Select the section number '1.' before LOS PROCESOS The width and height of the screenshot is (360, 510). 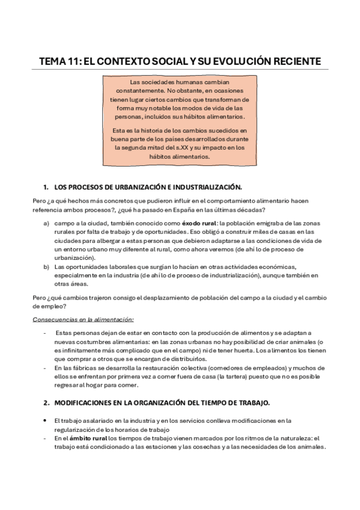(x=46, y=187)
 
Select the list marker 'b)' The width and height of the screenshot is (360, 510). (x=46, y=266)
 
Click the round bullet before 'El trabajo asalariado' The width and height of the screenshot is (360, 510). (x=45, y=421)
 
